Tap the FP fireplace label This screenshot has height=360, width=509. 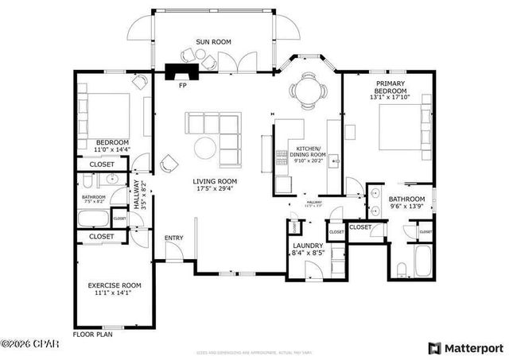coord(182,84)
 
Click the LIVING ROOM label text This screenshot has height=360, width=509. coord(215,181)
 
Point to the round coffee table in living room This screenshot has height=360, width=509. coord(205,146)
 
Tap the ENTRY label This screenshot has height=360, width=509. coord(173,238)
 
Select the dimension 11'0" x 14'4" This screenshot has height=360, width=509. coord(111,149)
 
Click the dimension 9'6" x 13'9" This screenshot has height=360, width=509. coord(406,207)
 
